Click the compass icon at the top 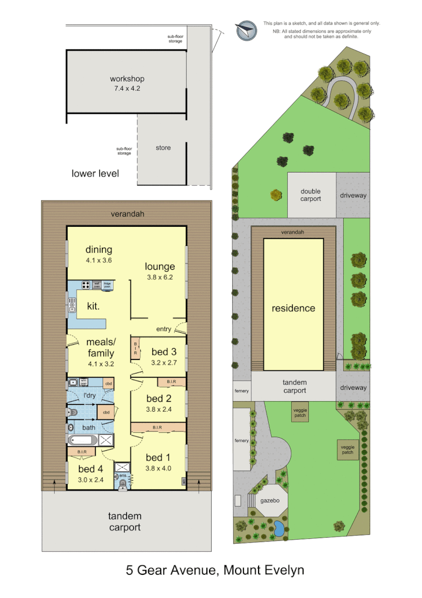click(246, 30)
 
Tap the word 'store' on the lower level click(163, 148)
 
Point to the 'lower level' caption click(95, 173)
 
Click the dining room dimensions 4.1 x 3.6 click(99, 261)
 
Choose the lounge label click(159, 266)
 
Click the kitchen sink click(72, 306)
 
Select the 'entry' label click(163, 329)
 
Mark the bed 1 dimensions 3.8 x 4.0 click(158, 468)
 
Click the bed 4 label click(90, 469)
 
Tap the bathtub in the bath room click(82, 439)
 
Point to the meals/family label click(100, 348)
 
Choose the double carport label click(310, 195)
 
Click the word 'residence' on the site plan click(294, 308)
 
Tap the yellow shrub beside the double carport click(276, 195)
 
